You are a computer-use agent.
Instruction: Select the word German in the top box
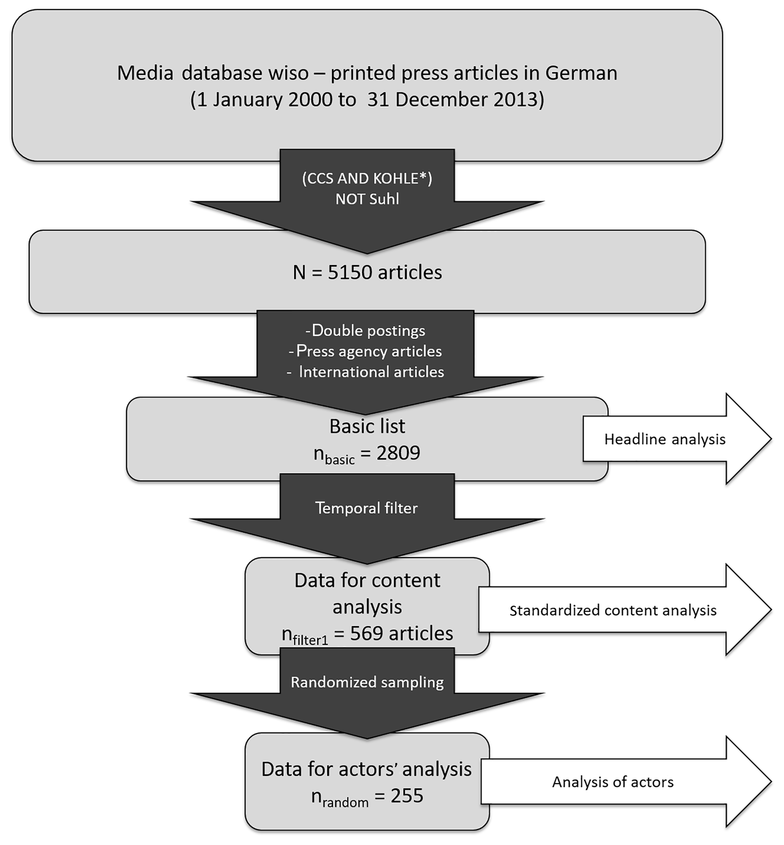(581, 73)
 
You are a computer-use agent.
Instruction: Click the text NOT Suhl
(368, 199)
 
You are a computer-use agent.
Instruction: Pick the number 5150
(350, 272)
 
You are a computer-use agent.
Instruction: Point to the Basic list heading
(368, 426)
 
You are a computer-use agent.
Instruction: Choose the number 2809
(398, 453)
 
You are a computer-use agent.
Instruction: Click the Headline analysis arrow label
(665, 439)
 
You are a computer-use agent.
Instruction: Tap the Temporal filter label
(366, 508)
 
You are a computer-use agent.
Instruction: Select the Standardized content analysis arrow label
(613, 610)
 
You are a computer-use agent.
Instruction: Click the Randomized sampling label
(368, 682)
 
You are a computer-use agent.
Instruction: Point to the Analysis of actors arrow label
(613, 782)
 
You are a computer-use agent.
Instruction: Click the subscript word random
(345, 802)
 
